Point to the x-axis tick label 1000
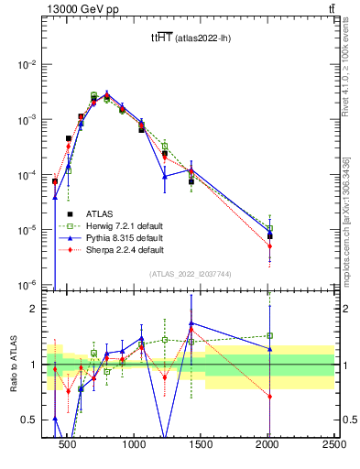pyautogui.click(x=134, y=445)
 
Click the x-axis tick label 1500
pyautogui.click(x=201, y=445)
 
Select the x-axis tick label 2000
pyautogui.click(x=267, y=445)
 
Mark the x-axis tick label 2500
pyautogui.click(x=333, y=445)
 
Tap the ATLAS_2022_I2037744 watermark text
pyautogui.click(x=191, y=275)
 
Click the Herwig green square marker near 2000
pyautogui.click(x=269, y=229)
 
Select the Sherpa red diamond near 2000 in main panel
pyautogui.click(x=269, y=245)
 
